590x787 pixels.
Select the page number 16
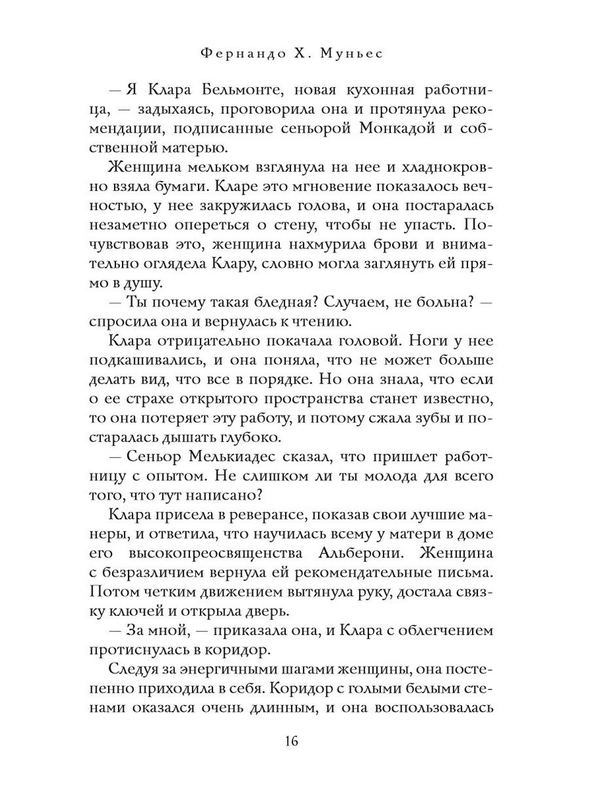(292, 742)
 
